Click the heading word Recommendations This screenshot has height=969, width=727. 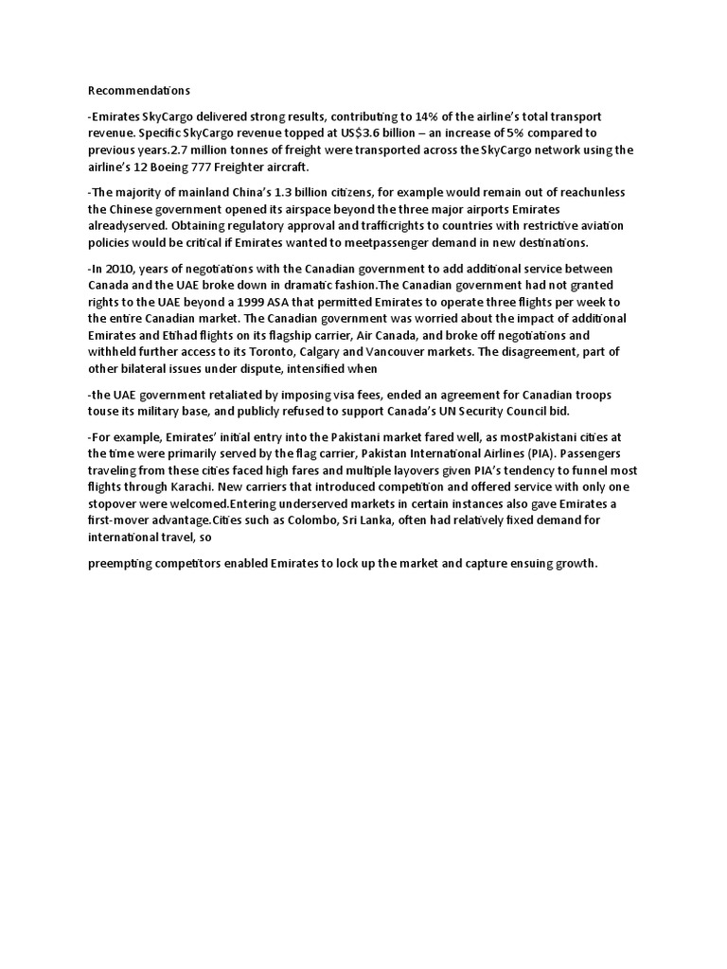point(139,91)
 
